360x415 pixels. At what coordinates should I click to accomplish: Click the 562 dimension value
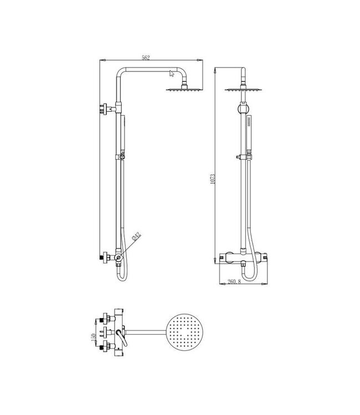(x=146, y=58)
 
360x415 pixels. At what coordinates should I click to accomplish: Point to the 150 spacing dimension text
(x=95, y=336)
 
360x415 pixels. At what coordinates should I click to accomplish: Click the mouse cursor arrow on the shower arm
(x=170, y=72)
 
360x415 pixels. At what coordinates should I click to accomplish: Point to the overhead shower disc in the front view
(x=243, y=89)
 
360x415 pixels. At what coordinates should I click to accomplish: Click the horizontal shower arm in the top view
(x=147, y=331)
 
